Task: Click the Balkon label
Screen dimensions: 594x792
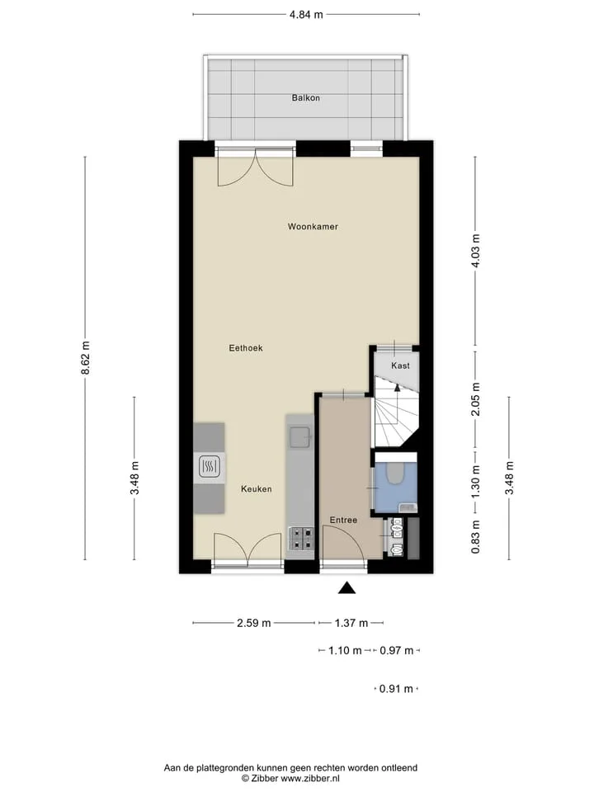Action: click(305, 98)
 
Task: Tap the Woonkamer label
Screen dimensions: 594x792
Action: click(313, 226)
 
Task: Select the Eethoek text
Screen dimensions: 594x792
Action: click(246, 348)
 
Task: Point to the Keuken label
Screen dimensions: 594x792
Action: click(256, 489)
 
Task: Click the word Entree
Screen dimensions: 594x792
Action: click(343, 520)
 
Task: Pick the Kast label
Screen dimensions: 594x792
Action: click(401, 365)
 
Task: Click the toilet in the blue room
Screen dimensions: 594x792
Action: click(394, 474)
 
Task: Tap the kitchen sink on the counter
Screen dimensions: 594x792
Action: click(299, 437)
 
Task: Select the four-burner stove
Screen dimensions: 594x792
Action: click(300, 539)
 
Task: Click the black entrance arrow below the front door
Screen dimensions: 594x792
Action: click(346, 587)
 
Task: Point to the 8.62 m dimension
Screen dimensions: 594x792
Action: click(85, 358)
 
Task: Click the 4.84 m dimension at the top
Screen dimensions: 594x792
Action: click(306, 15)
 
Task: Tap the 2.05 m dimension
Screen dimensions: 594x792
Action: click(475, 399)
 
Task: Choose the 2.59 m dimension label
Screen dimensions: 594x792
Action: click(254, 623)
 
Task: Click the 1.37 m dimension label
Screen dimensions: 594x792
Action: click(351, 623)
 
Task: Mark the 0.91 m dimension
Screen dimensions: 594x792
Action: click(396, 688)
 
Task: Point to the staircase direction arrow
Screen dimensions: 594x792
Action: click(397, 388)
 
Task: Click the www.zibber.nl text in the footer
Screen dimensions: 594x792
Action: click(309, 778)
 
